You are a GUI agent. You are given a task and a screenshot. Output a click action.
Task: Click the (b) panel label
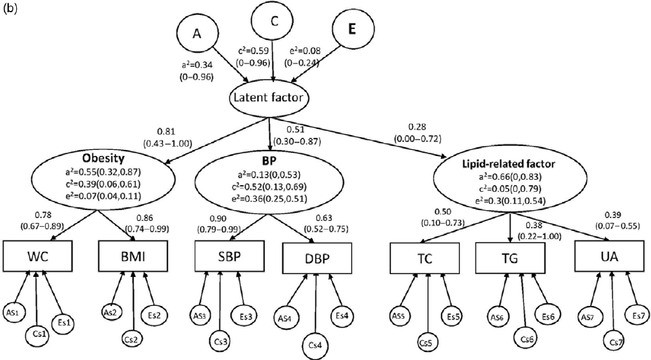(x=9, y=7)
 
